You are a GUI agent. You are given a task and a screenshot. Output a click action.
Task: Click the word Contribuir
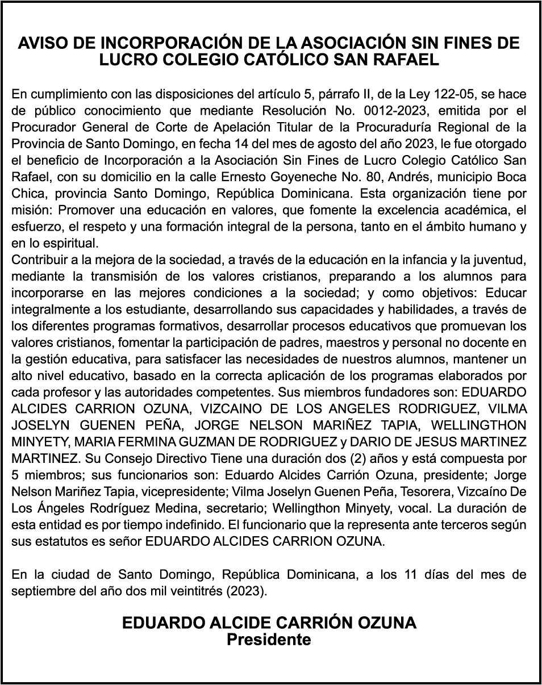tap(40, 260)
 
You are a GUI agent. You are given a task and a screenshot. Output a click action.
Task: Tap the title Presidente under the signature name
tap(269, 640)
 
